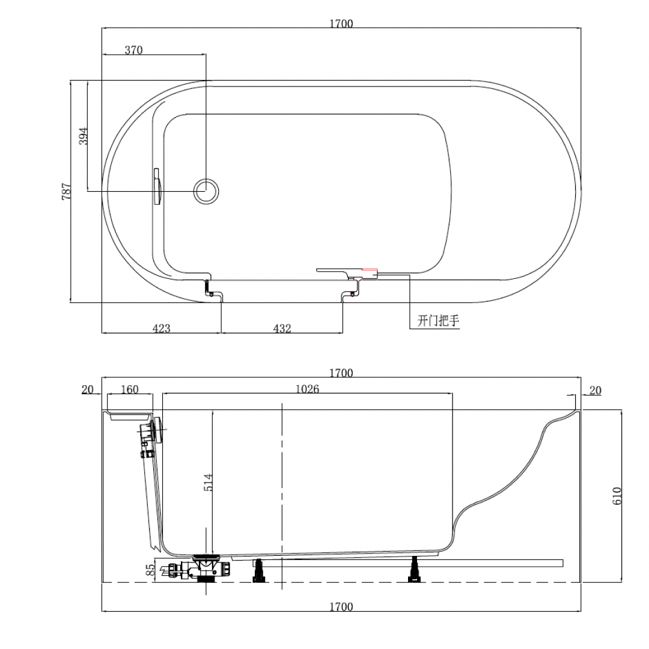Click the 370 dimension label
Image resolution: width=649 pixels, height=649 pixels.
[133, 50]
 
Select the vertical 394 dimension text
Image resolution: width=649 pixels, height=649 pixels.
[84, 136]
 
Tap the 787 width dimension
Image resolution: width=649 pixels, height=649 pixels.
[67, 192]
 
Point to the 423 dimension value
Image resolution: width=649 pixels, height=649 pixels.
[161, 329]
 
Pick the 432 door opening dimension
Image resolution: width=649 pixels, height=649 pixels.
[282, 329]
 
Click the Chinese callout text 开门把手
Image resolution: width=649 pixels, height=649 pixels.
[438, 321]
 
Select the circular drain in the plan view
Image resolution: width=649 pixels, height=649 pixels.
[206, 191]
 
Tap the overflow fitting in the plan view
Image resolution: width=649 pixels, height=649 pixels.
[157, 187]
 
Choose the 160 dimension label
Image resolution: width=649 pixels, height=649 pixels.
[129, 389]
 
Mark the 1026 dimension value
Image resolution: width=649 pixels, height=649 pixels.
[307, 389]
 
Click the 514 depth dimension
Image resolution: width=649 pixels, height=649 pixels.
[208, 483]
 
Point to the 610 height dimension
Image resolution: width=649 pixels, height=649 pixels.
[617, 496]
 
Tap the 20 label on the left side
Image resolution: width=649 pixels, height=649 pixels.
[88, 390]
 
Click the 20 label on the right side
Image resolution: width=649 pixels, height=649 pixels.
[595, 391]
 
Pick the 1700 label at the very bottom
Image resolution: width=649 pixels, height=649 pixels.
[341, 607]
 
